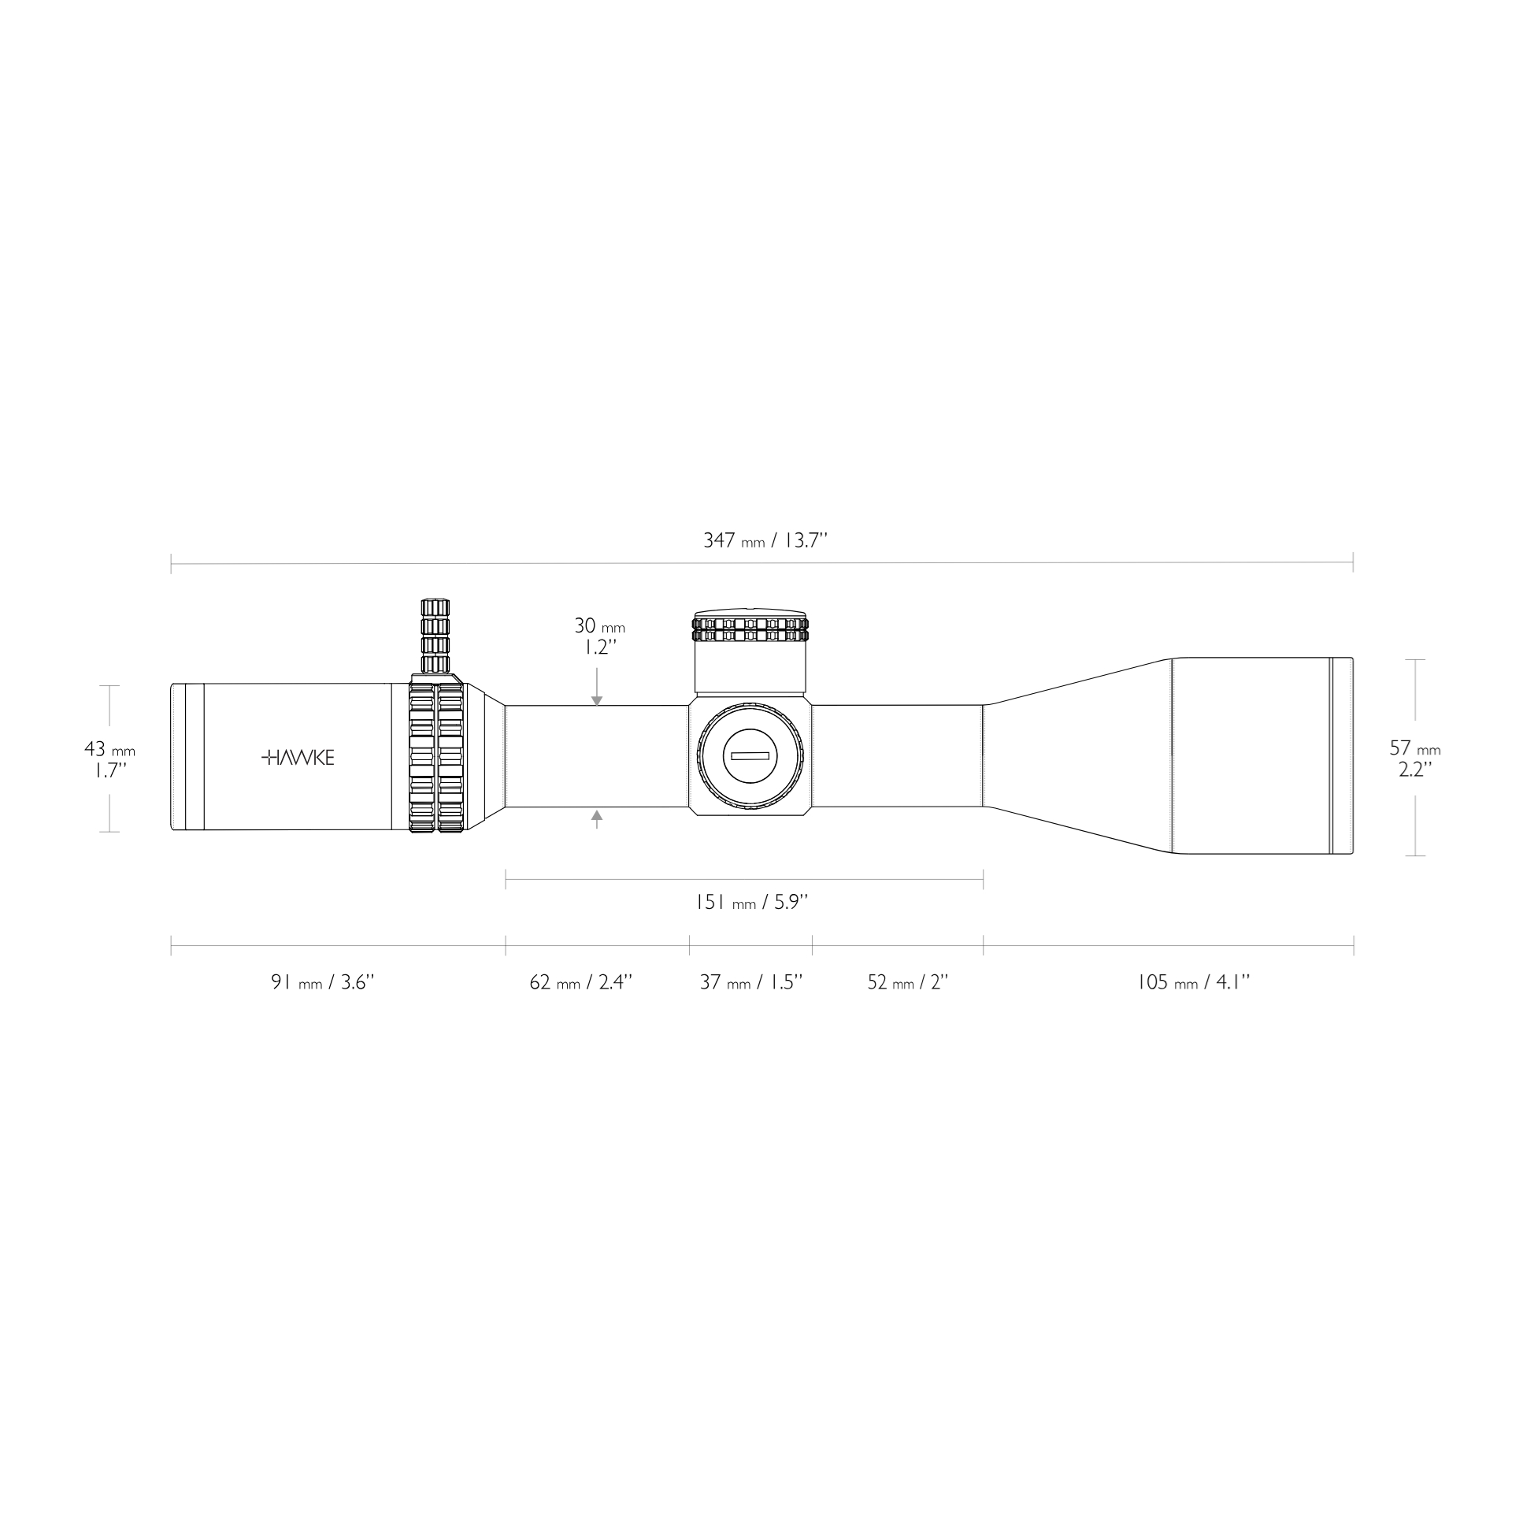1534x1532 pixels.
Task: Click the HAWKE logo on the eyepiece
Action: click(x=298, y=758)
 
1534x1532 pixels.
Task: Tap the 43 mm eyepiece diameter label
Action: click(x=109, y=759)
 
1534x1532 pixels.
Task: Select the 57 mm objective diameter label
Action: click(x=1414, y=758)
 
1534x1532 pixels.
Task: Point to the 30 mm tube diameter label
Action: click(x=599, y=636)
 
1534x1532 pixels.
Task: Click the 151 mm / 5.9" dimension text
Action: click(x=751, y=902)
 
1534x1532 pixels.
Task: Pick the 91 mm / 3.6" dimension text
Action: click(x=321, y=982)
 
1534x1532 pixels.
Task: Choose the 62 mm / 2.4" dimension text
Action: click(x=580, y=982)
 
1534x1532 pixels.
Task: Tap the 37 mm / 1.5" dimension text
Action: click(x=750, y=982)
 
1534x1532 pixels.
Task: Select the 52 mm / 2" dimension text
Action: click(x=907, y=982)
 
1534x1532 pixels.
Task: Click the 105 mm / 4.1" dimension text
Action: click(x=1192, y=982)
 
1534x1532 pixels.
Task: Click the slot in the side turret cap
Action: click(x=750, y=755)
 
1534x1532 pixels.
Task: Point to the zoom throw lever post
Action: click(x=435, y=636)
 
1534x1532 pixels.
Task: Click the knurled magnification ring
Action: click(x=436, y=757)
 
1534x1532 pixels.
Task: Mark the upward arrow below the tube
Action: click(x=597, y=815)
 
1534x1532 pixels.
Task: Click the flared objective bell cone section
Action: click(x=1080, y=756)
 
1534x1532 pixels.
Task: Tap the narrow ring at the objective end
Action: click(x=1341, y=756)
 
